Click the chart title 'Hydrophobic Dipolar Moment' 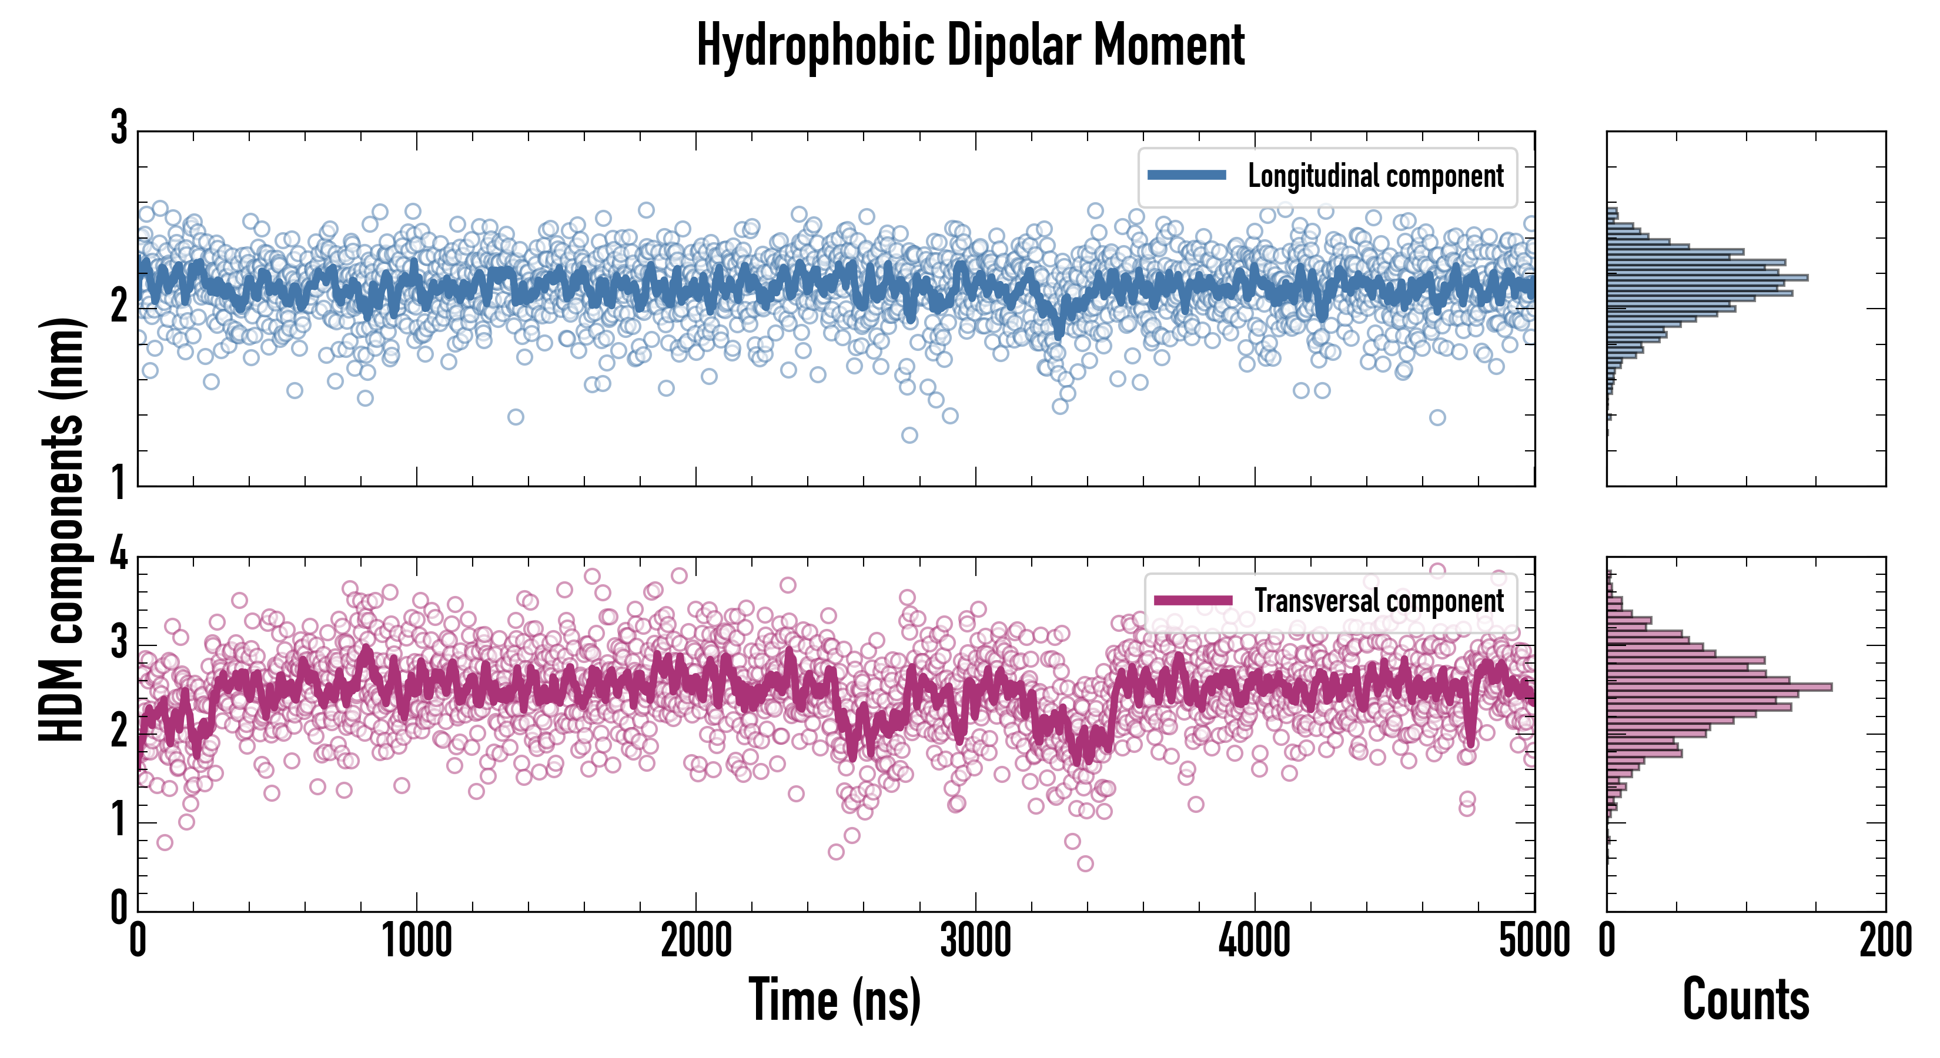coord(970,45)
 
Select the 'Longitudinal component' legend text coord(1375,176)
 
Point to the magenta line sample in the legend coord(1193,600)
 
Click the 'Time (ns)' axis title coord(834,999)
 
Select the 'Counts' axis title coord(1745,999)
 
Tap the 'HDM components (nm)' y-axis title coord(62,530)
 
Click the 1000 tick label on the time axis coord(416,940)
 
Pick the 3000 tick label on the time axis coord(975,940)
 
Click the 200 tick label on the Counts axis coord(1885,940)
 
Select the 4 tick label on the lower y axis coord(119,555)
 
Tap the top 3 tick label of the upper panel coord(119,128)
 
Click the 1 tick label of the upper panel coord(119,482)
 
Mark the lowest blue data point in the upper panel coord(909,434)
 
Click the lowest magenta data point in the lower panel coord(1085,863)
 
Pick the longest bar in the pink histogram coord(1718,687)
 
